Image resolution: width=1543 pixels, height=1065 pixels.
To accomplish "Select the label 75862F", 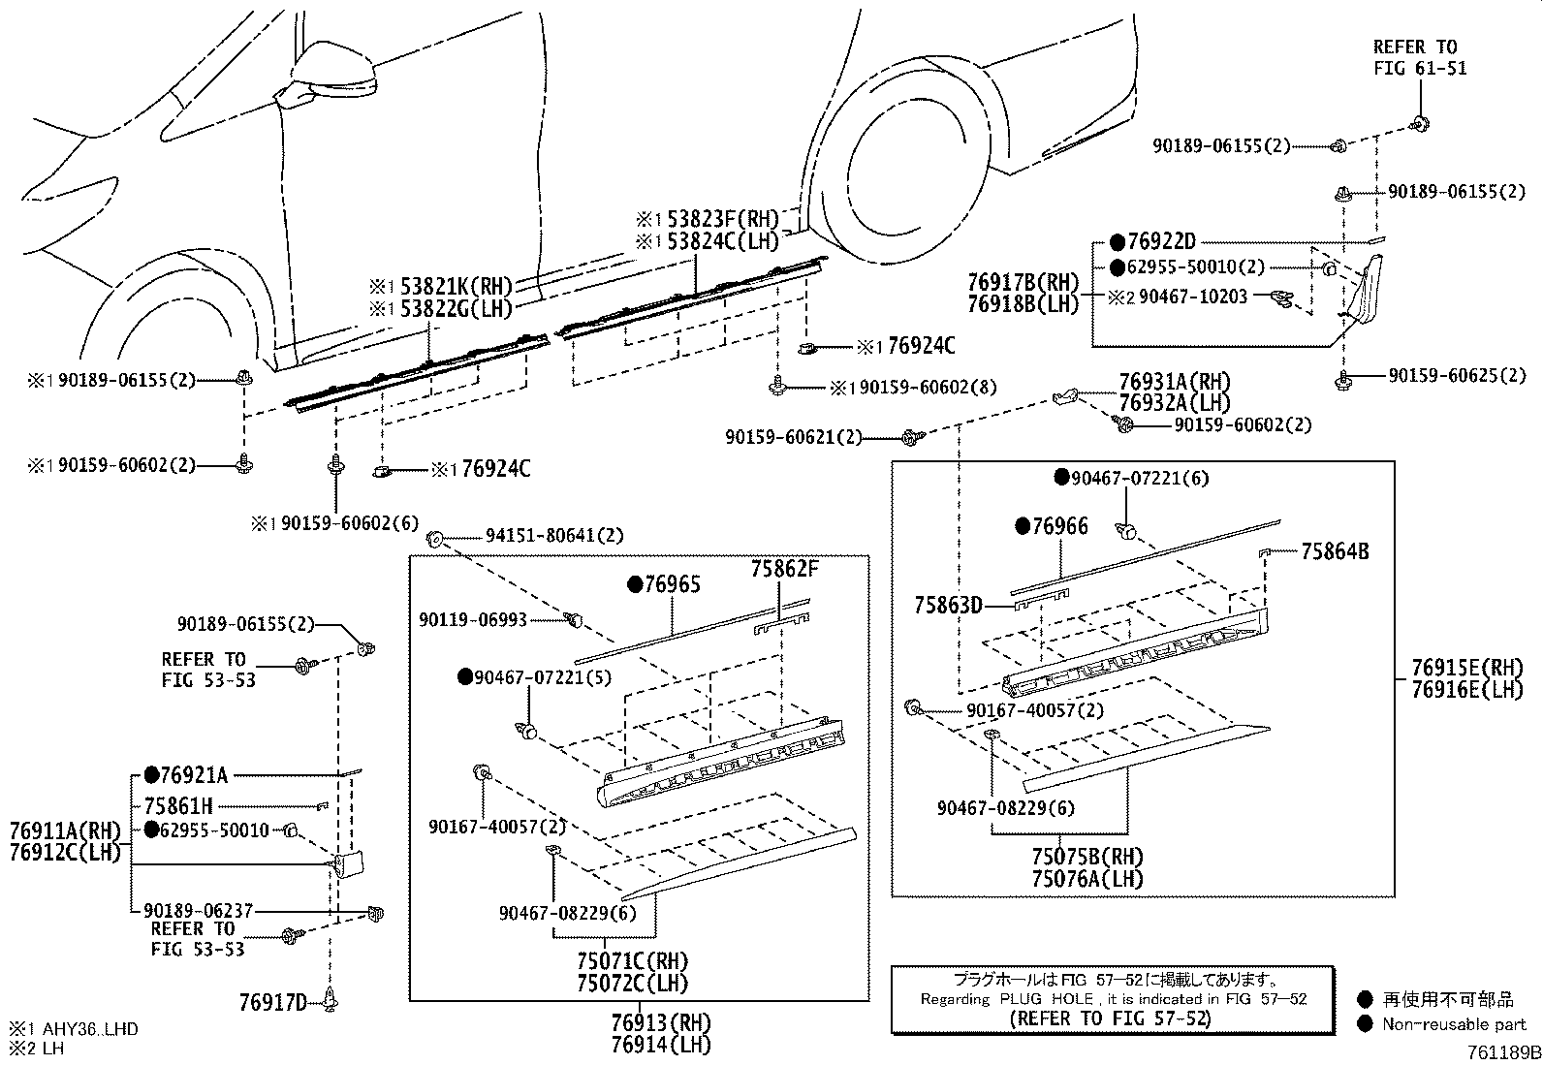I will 784,569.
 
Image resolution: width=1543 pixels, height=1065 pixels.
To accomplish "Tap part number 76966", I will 1061,526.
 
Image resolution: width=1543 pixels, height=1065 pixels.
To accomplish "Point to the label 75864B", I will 1335,551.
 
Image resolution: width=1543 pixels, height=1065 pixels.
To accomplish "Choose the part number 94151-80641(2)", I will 554,535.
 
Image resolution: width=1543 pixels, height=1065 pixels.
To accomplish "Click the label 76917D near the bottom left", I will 272,1002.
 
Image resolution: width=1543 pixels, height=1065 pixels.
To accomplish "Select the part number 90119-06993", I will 473,619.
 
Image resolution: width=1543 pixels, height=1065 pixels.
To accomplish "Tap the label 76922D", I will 1162,241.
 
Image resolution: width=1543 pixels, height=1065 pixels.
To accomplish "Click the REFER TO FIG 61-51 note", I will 1420,57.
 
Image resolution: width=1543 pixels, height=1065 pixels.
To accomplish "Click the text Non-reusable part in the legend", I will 1454,1024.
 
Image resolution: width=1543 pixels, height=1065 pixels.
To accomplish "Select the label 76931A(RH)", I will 1175,382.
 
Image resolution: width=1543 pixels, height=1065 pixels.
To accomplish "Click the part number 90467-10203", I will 1193,297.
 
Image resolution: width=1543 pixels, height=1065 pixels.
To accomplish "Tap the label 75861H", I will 178,805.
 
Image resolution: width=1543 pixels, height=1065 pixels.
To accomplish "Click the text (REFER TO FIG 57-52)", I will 1110,1018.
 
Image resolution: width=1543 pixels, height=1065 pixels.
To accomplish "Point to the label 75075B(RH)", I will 1087,858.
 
